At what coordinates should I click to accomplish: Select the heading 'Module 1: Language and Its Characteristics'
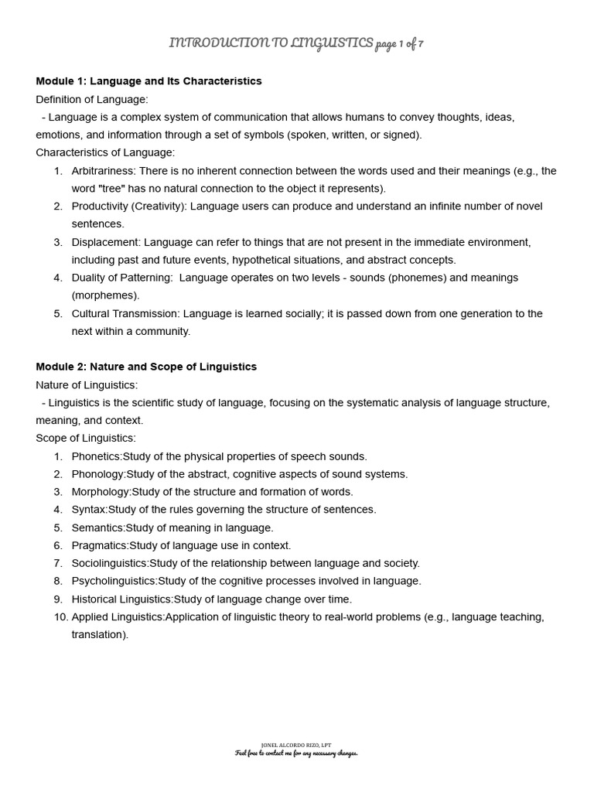[x=148, y=81]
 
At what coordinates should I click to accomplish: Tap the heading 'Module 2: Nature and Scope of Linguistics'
[x=146, y=367]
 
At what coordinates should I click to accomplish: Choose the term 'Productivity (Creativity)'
[x=128, y=207]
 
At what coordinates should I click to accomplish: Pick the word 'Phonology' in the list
[x=98, y=474]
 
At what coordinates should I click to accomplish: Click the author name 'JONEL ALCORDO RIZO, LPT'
[x=297, y=746]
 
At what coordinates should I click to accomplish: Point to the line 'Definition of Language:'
[x=92, y=99]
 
